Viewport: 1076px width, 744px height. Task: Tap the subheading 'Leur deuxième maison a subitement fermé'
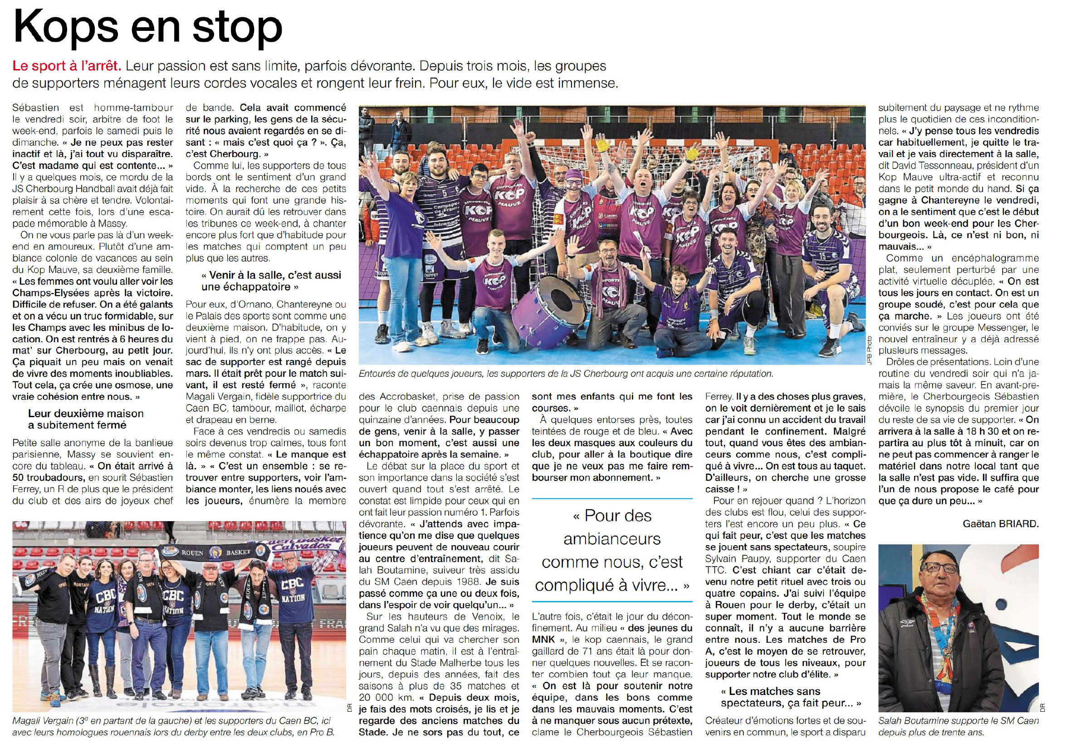click(x=86, y=419)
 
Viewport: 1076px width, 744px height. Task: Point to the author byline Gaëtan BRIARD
click(x=1001, y=523)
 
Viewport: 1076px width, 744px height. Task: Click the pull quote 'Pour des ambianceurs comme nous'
click(x=612, y=550)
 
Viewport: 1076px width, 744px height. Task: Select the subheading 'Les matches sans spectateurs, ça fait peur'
click(x=784, y=697)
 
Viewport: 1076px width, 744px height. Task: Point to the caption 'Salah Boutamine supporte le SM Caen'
click(x=958, y=726)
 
